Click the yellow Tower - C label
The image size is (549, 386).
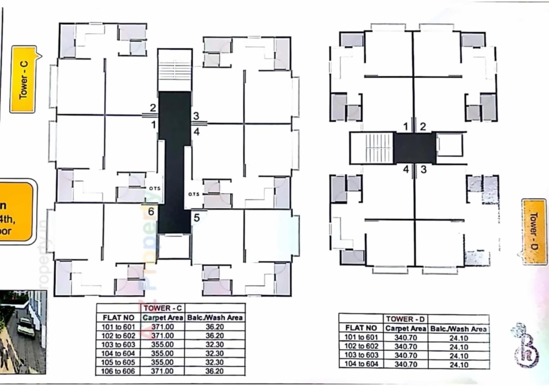pos(23,79)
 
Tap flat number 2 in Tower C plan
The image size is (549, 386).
pos(153,108)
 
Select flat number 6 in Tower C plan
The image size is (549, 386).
pos(151,211)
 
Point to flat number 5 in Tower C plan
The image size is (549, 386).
pos(196,218)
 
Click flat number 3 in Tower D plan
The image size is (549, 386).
pos(423,170)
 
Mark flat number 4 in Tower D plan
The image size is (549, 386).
pos(406,169)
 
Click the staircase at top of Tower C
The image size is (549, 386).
pos(175,70)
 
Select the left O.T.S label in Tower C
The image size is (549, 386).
pos(155,188)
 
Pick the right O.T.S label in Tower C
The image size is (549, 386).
pos(194,194)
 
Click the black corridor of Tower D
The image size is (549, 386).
pos(414,148)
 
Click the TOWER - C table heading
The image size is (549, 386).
pos(162,308)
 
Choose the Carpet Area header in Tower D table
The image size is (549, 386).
pos(406,328)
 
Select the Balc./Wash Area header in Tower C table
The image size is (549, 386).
pos(215,317)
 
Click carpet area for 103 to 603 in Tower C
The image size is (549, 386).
pos(162,344)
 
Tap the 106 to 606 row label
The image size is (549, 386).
pos(118,371)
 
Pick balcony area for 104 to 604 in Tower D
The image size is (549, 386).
pos(459,364)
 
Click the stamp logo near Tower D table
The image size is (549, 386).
pos(526,345)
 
